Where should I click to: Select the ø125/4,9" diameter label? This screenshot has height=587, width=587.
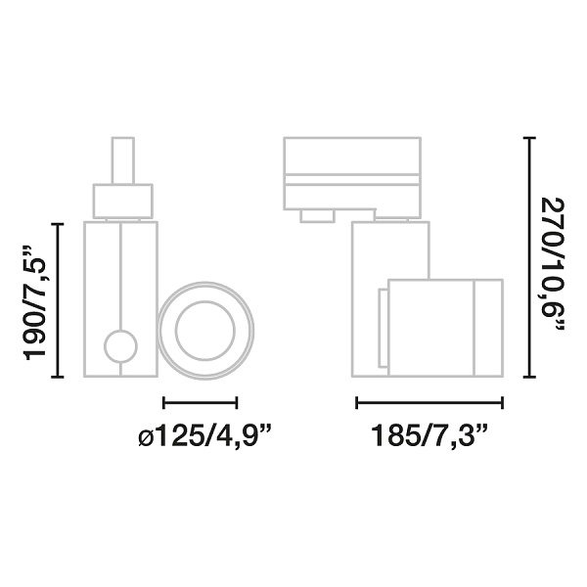(x=203, y=436)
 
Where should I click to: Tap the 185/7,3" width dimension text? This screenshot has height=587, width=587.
(x=429, y=436)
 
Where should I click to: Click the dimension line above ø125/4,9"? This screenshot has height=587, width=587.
(x=201, y=401)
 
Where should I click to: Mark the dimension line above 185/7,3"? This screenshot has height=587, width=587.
(x=429, y=401)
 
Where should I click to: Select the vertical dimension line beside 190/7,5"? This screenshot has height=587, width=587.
(x=62, y=300)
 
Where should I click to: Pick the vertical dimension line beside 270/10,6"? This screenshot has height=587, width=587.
(x=529, y=256)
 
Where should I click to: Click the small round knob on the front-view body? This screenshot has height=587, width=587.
(x=121, y=345)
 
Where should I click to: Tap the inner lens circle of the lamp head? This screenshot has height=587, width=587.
(x=206, y=331)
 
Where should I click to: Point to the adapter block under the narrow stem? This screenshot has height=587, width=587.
(x=122, y=202)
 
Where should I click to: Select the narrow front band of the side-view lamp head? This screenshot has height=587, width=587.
(x=488, y=327)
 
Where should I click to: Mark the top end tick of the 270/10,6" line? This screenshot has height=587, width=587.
(x=529, y=138)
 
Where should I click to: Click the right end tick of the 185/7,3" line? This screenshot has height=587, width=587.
(x=502, y=401)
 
